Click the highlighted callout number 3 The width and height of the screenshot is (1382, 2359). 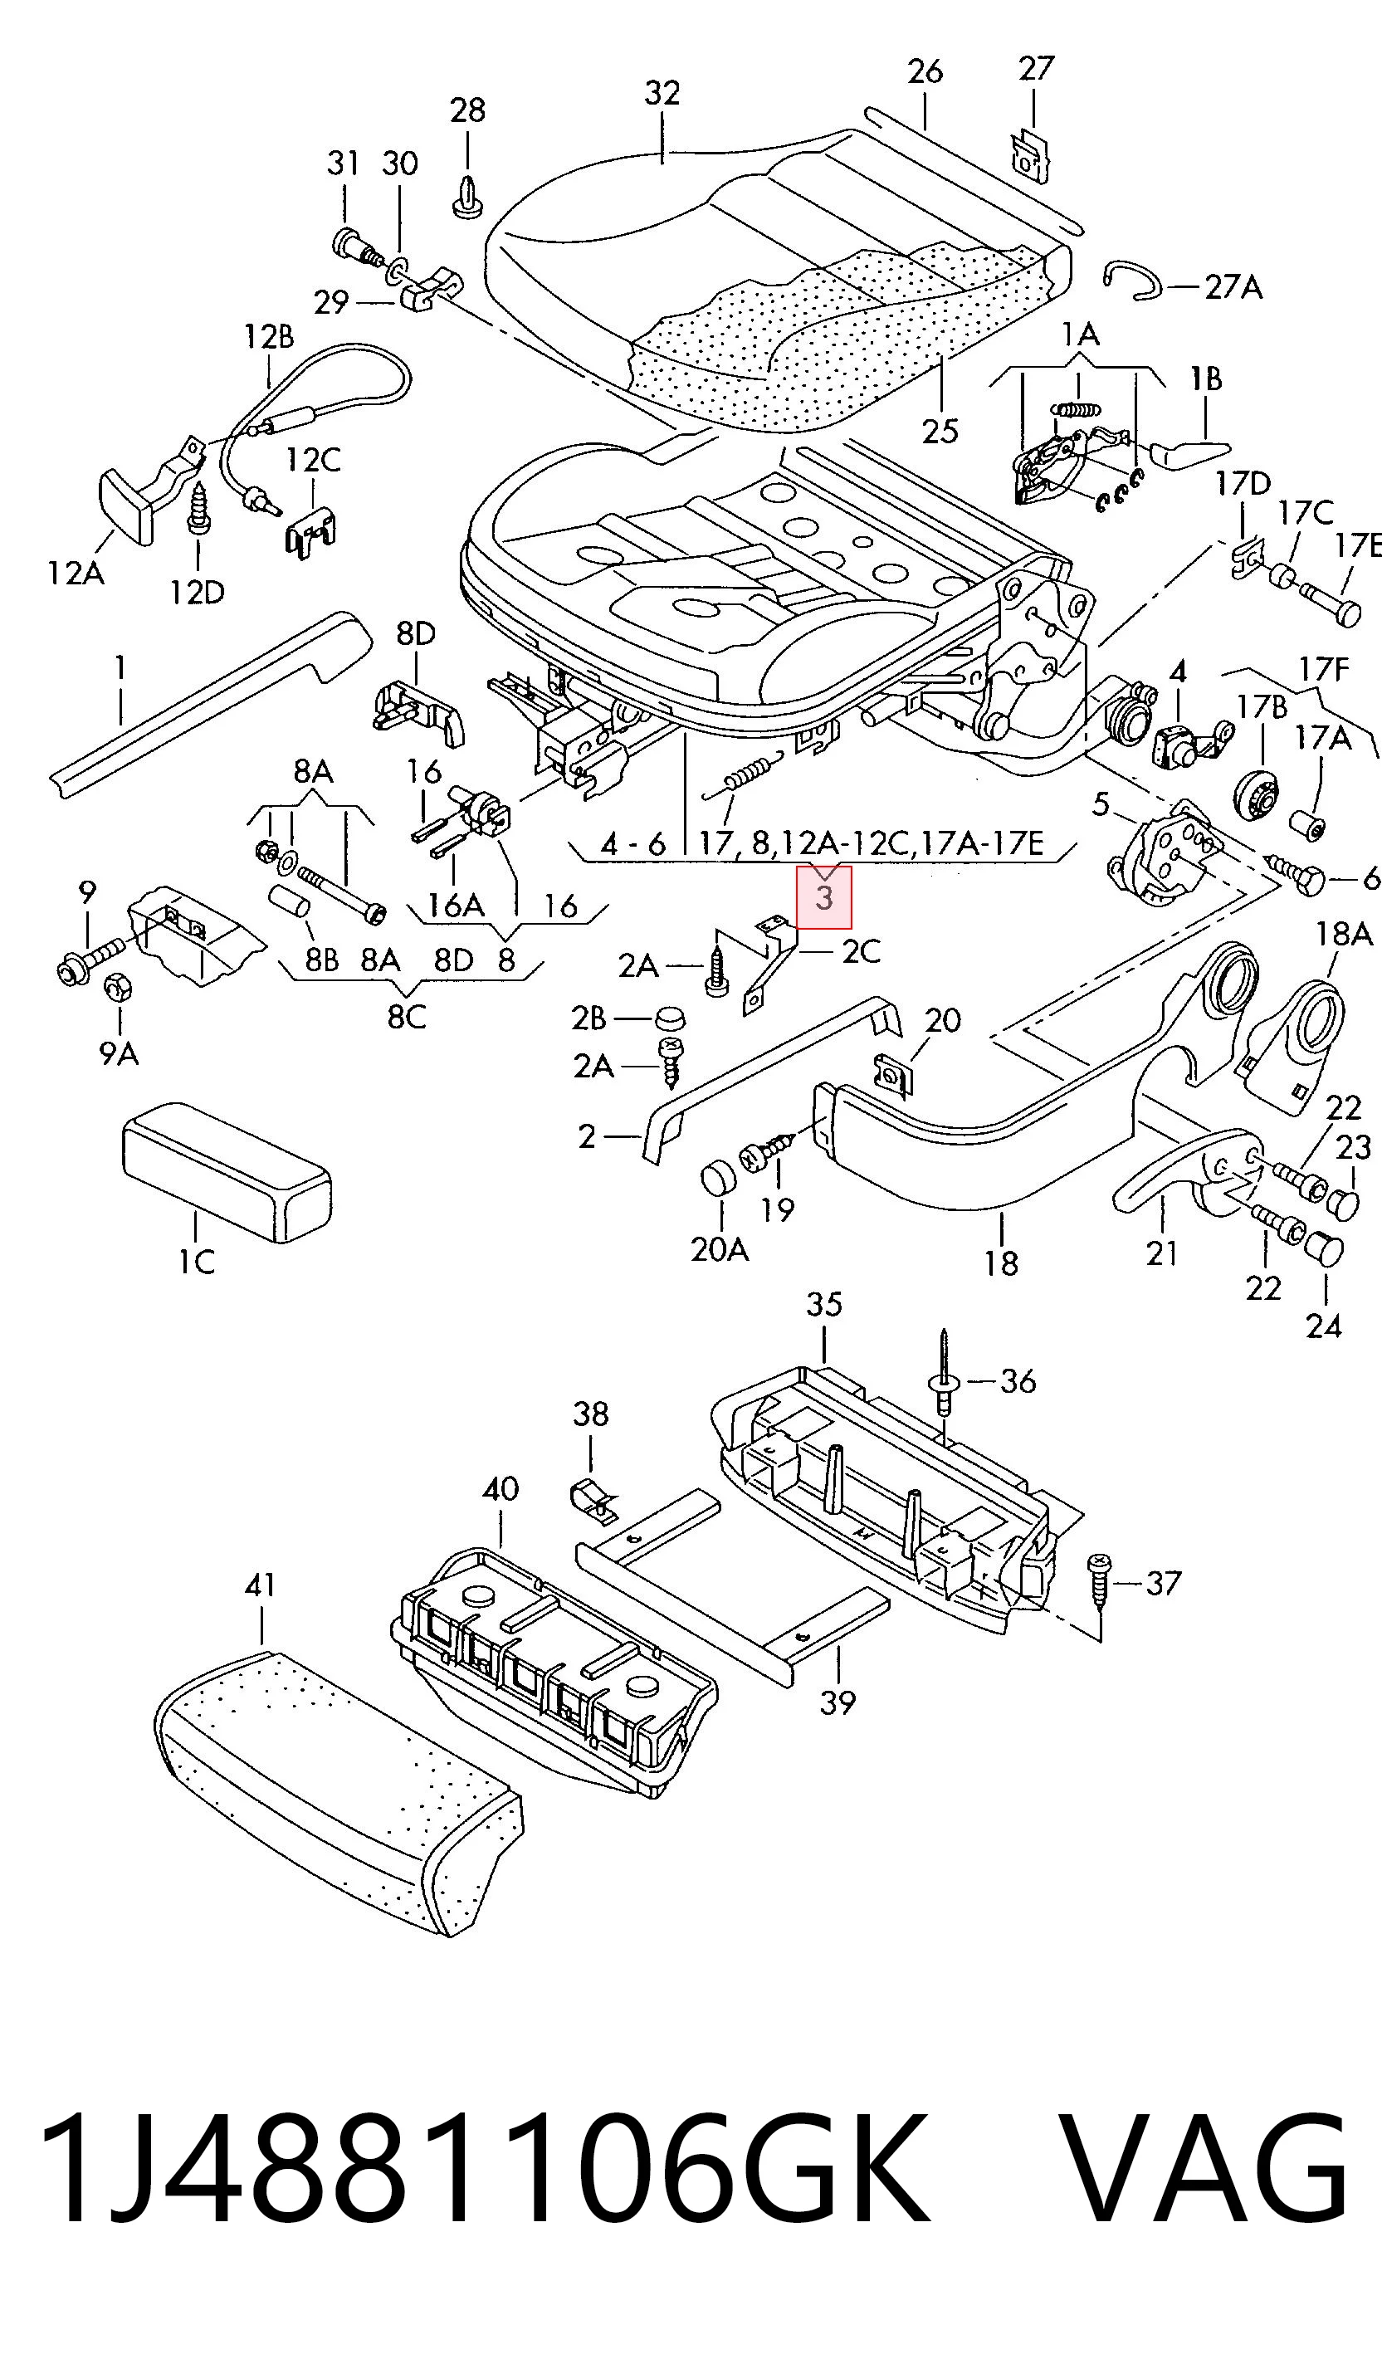(x=824, y=898)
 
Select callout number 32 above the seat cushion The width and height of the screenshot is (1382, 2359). (x=662, y=93)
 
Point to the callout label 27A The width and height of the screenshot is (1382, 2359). (x=1233, y=286)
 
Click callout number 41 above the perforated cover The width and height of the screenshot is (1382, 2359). (x=261, y=1585)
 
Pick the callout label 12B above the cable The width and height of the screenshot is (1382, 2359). (x=269, y=336)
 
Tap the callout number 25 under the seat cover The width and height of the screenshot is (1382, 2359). (x=941, y=432)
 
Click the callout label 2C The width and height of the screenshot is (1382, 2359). (x=862, y=951)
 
